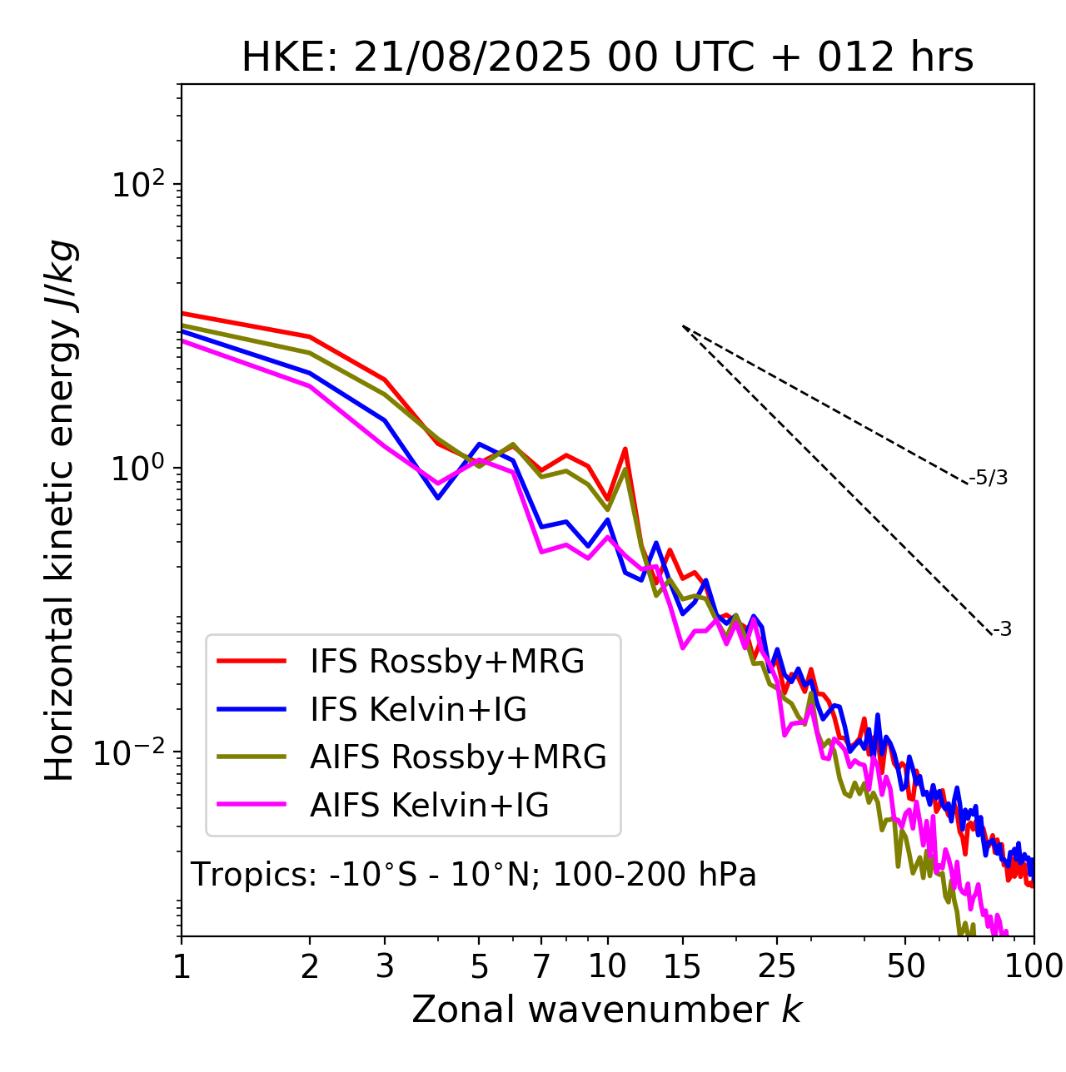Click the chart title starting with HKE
click(607, 58)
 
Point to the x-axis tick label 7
click(541, 966)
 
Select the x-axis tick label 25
click(777, 966)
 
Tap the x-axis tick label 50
click(906, 966)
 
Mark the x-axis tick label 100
click(1034, 966)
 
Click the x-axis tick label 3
click(386, 966)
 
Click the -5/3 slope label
click(989, 478)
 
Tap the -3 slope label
click(1002, 629)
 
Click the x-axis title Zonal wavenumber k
click(607, 1010)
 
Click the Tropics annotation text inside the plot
click(474, 875)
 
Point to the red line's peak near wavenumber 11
click(625, 449)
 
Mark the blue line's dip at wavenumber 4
click(438, 498)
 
